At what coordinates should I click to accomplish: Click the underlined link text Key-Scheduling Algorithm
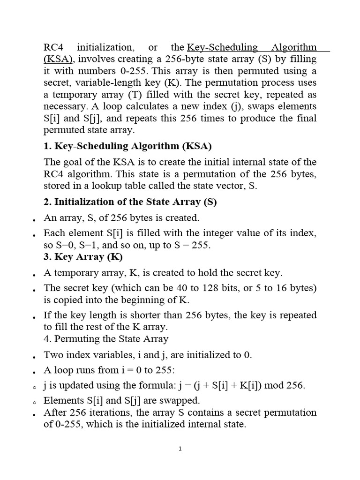tap(252, 47)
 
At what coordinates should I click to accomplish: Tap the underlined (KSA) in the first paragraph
tap(59, 60)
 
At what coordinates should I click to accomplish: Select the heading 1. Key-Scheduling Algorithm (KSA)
tap(127, 146)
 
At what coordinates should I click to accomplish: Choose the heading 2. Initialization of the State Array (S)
tap(130, 202)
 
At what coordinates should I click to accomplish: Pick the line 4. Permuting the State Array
tap(105, 338)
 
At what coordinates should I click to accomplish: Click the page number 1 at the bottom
tap(180, 449)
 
